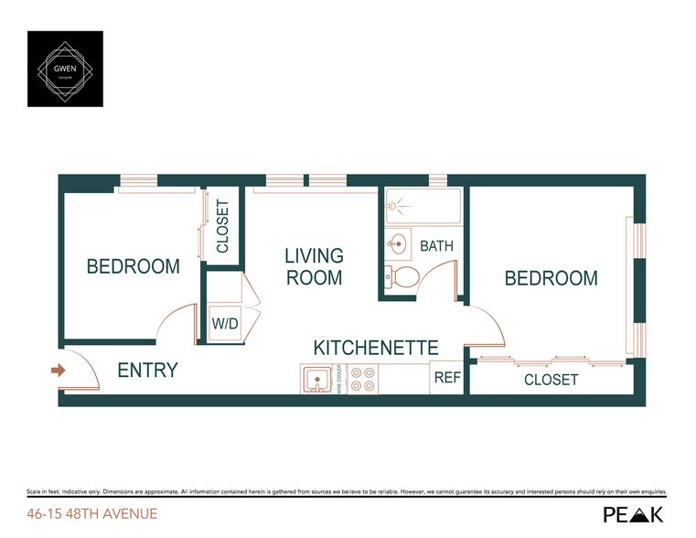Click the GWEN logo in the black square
[x=65, y=69]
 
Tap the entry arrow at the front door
[x=57, y=371]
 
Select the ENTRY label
[x=147, y=371]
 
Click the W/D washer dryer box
[x=224, y=323]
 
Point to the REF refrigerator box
[x=447, y=377]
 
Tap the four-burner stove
[x=363, y=380]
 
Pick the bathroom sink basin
[x=399, y=244]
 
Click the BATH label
[x=436, y=246]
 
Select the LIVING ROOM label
[x=314, y=266]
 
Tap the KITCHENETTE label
[x=376, y=348]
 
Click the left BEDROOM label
[x=133, y=267]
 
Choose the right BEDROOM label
[x=551, y=278]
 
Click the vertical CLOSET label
[x=222, y=227]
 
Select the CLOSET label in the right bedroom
[x=551, y=379]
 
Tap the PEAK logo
[x=634, y=514]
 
